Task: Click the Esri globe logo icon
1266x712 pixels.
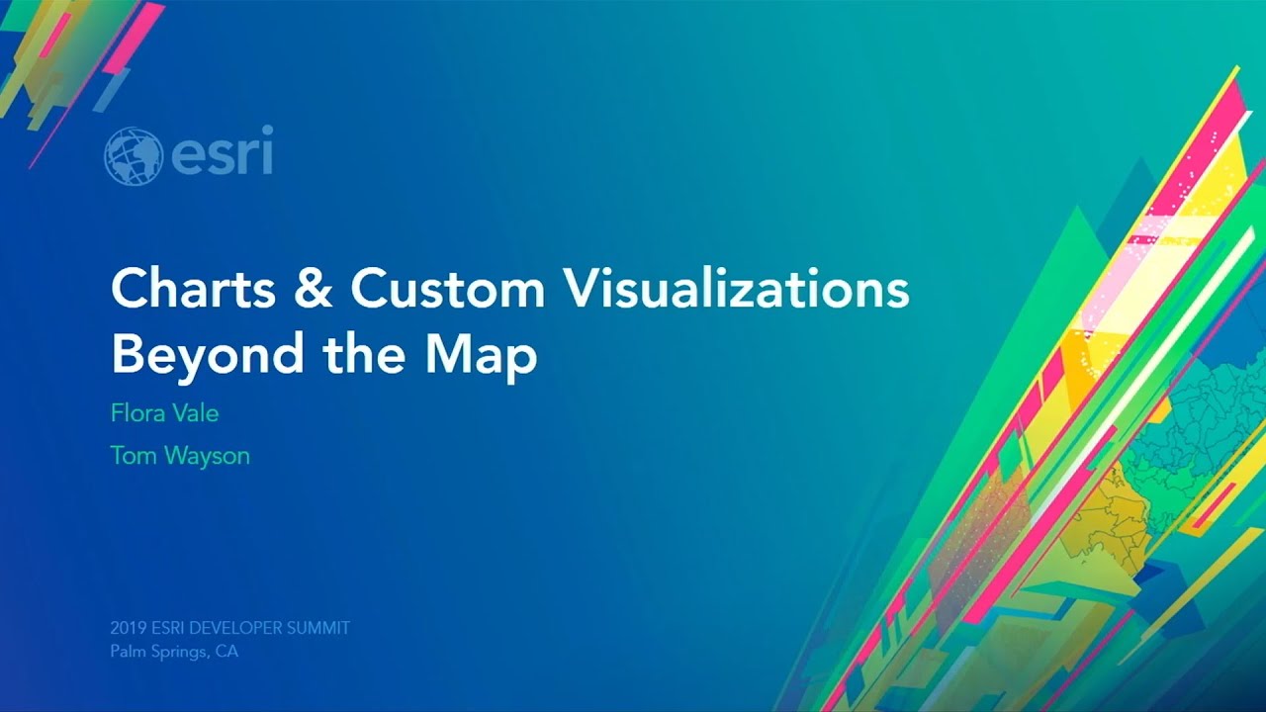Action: click(133, 156)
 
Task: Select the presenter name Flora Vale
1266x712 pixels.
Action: click(164, 412)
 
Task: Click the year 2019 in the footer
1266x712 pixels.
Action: click(128, 628)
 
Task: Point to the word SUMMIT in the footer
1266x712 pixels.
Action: click(318, 628)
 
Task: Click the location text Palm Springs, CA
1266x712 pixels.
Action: click(174, 652)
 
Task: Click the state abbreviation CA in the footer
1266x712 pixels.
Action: click(226, 652)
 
